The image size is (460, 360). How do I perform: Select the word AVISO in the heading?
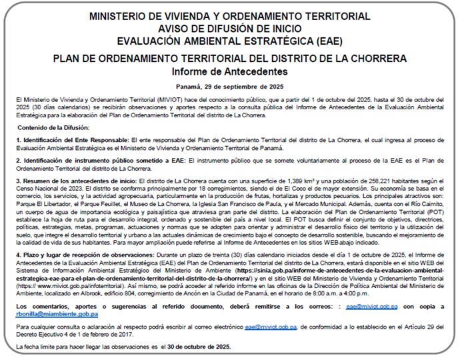coord(174,28)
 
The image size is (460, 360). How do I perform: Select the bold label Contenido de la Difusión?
coord(53,127)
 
